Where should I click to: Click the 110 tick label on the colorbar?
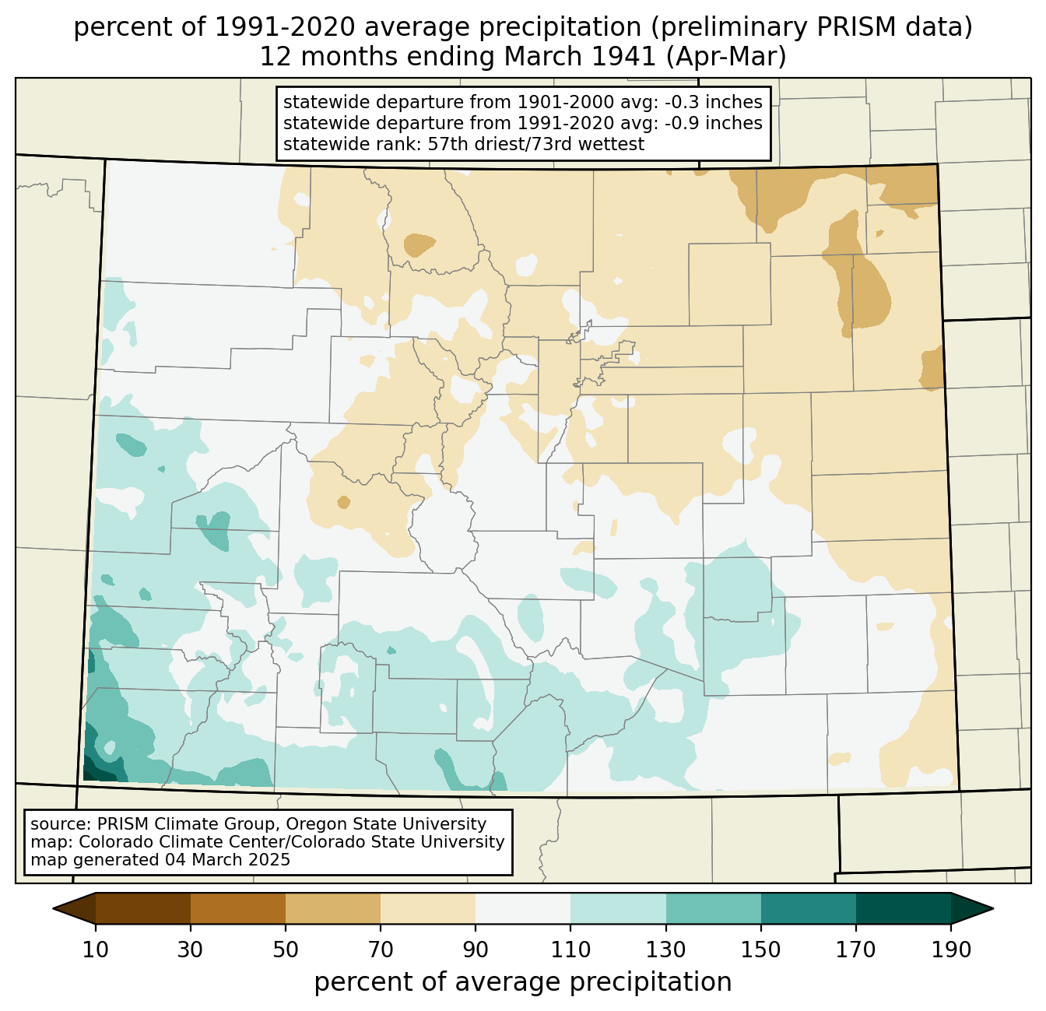click(570, 950)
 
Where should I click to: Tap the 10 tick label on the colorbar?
click(95, 950)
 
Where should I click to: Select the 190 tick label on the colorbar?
click(951, 950)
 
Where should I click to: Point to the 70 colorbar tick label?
click(381, 950)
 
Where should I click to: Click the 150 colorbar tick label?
click(760, 950)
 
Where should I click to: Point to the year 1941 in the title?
click(629, 57)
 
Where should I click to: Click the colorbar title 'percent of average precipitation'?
click(523, 982)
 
